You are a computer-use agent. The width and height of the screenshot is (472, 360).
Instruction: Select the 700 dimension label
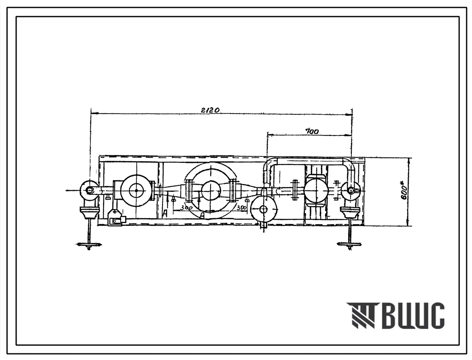tap(312, 131)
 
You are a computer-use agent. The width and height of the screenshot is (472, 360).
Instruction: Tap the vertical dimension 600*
tap(404, 192)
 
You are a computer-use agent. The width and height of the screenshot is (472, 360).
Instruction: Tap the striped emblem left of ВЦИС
tap(361, 316)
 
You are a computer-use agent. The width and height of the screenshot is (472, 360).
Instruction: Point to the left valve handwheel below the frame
tap(89, 245)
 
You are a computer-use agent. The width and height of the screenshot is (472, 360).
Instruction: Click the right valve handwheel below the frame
tap(349, 244)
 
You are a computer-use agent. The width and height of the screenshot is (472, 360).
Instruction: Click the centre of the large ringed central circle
tap(211, 191)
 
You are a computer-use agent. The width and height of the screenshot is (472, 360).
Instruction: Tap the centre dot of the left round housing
tap(136, 191)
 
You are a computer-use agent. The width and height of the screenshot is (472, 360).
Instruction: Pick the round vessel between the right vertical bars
tap(316, 191)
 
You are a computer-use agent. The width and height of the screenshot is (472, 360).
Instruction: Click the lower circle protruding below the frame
tap(263, 209)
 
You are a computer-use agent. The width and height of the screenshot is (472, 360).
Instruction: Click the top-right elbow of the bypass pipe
tap(349, 164)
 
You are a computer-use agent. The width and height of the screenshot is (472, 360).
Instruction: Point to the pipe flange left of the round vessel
tap(295, 191)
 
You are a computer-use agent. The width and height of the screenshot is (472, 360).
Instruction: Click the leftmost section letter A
tap(165, 213)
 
